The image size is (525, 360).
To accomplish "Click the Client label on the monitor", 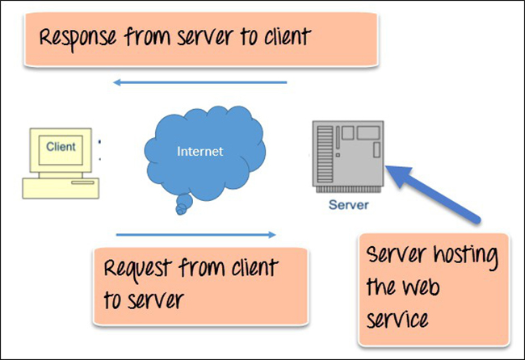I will pyautogui.click(x=61, y=147).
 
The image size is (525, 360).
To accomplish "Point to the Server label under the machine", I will pyautogui.click(x=348, y=205).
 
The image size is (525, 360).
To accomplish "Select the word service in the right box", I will pyautogui.click(x=397, y=318).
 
